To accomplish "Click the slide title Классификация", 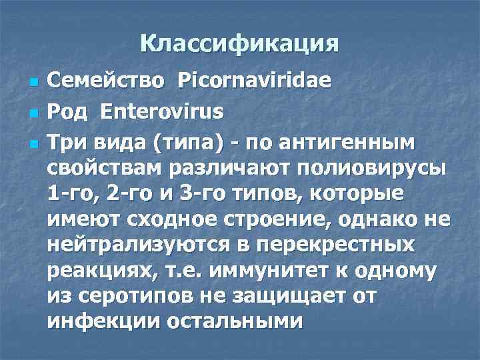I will click(239, 44).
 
